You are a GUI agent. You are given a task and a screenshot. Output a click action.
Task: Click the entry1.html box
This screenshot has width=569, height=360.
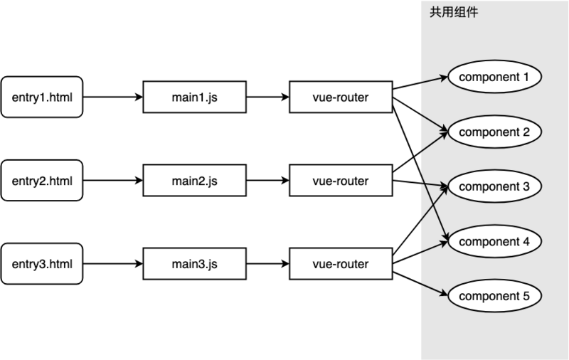coord(42,97)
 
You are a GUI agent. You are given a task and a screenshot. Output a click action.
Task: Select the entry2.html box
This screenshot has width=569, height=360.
coord(42,181)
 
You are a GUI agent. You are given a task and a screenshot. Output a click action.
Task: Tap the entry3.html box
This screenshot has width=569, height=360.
coord(42,264)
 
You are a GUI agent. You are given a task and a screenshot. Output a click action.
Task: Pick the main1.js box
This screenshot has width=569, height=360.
coord(194,97)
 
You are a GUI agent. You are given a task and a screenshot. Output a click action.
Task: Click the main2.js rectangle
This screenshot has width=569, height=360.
coord(194,181)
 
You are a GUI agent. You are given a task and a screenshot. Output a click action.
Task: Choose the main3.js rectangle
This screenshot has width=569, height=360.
coord(194,264)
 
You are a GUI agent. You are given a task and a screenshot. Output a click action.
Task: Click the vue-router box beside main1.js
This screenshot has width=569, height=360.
coord(341,97)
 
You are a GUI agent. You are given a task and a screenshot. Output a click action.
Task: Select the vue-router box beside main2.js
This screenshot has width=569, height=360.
coord(341,181)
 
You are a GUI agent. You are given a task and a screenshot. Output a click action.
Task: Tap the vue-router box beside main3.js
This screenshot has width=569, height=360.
coord(341,264)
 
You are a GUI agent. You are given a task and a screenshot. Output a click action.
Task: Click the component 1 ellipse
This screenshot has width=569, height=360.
coord(494,77)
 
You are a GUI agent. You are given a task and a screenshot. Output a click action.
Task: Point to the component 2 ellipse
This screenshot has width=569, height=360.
coord(494,132)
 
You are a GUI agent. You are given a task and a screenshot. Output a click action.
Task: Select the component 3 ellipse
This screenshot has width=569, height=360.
coord(494,186)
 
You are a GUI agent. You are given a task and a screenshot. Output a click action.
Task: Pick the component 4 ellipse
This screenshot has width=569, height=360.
coord(494,241)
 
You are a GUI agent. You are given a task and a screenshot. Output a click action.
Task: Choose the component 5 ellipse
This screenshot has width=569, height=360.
coord(494,295)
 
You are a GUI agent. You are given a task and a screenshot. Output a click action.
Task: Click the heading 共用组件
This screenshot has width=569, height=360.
coord(453,13)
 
